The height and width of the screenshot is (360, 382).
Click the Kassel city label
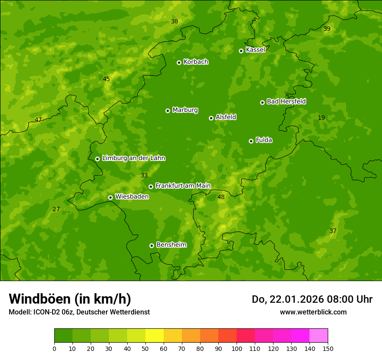click(x=255, y=50)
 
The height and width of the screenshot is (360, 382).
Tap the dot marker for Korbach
click(x=179, y=62)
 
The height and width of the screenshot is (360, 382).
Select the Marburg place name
click(x=185, y=110)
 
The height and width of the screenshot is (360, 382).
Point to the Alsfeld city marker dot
click(x=211, y=118)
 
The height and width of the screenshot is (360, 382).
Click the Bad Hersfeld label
click(x=286, y=101)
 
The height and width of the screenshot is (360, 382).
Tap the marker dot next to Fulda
click(x=251, y=141)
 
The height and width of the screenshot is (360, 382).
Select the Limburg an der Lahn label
click(x=133, y=158)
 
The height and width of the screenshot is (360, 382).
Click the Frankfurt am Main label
click(x=183, y=186)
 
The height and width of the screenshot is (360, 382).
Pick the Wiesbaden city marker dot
click(x=110, y=197)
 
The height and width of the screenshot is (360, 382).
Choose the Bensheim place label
click(x=171, y=245)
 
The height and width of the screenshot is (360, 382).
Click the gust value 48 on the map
click(x=221, y=197)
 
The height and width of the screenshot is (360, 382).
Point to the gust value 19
click(x=321, y=118)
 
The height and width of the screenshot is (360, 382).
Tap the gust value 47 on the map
click(x=38, y=120)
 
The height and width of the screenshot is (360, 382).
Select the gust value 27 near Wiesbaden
click(x=56, y=209)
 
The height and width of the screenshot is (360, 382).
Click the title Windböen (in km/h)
click(x=70, y=299)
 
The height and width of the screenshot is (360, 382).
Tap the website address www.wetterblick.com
click(x=313, y=312)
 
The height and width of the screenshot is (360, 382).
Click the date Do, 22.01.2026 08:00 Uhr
click(x=312, y=299)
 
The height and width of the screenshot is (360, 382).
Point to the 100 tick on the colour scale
click(x=237, y=348)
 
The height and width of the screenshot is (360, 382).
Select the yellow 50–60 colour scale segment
click(x=155, y=336)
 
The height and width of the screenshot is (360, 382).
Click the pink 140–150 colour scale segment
click(x=319, y=336)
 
